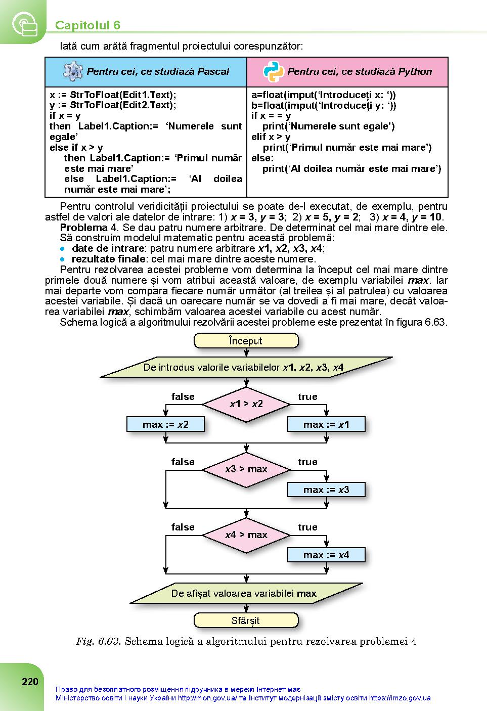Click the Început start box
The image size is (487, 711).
click(246, 341)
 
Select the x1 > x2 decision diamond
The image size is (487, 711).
click(246, 404)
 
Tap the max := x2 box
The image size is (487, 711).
click(165, 424)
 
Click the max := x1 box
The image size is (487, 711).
click(326, 424)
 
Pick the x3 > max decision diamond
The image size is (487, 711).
click(246, 469)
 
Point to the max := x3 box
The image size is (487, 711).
click(326, 490)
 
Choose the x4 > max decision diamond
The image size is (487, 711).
click(246, 535)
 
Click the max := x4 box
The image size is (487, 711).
click(326, 555)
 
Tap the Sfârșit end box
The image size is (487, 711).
click(246, 620)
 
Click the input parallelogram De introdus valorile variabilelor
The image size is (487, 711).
click(246, 367)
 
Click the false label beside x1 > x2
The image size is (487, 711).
click(183, 396)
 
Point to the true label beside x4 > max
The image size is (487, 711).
click(307, 527)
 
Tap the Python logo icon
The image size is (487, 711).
click(273, 72)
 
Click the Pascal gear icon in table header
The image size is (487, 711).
click(73, 71)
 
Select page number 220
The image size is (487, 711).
click(30, 682)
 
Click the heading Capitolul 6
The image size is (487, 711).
click(87, 25)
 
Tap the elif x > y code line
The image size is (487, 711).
click(271, 137)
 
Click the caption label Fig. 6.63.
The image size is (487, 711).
click(98, 641)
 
